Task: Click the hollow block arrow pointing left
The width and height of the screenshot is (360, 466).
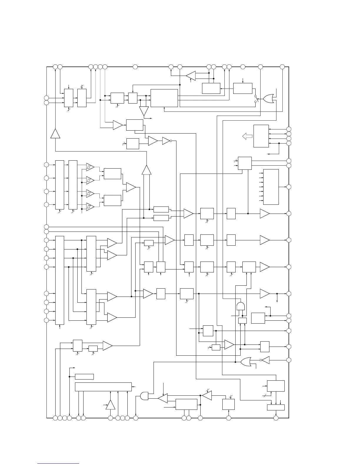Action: [247, 136]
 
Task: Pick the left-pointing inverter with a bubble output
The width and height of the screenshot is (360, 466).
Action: [265, 360]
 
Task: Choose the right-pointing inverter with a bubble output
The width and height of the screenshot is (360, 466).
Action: [166, 141]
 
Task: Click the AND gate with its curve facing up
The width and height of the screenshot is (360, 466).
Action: [241, 306]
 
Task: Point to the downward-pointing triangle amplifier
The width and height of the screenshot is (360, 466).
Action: [144, 111]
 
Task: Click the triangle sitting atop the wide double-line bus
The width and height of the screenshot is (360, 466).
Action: [146, 170]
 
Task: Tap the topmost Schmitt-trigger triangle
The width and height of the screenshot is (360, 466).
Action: [90, 167]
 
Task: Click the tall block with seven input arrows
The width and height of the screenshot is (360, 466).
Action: [271, 187]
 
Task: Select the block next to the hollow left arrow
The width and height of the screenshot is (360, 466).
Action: [261, 136]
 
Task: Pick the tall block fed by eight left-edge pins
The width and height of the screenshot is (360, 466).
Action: [60, 280]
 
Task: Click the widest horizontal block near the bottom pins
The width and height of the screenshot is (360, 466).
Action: [103, 387]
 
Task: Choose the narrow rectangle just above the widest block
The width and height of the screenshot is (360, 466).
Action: [84, 377]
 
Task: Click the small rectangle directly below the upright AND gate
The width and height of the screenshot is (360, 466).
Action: [242, 320]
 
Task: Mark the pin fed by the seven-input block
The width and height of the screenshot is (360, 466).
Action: [289, 187]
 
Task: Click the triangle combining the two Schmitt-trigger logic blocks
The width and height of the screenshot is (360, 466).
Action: [131, 187]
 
